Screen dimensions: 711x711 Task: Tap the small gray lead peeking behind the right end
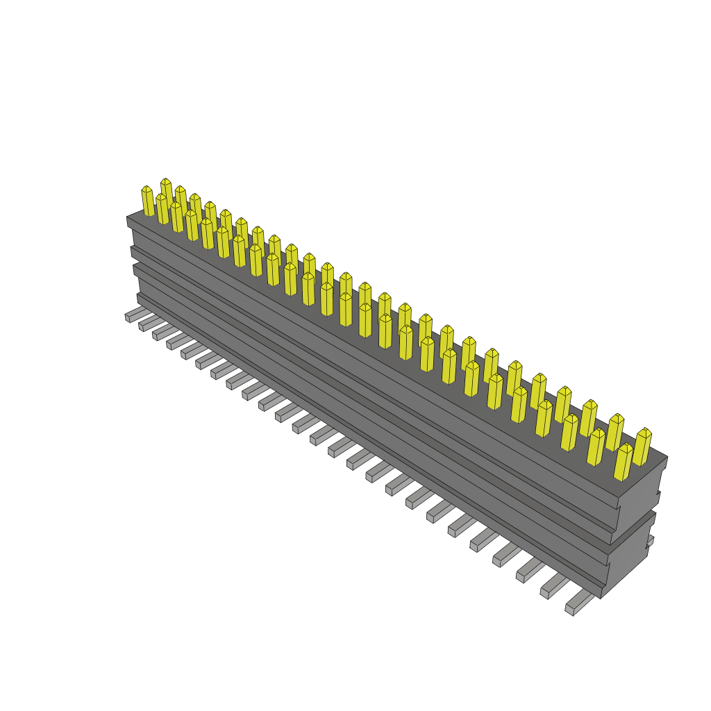point(650,541)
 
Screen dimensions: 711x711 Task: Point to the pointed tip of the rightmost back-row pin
point(645,432)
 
